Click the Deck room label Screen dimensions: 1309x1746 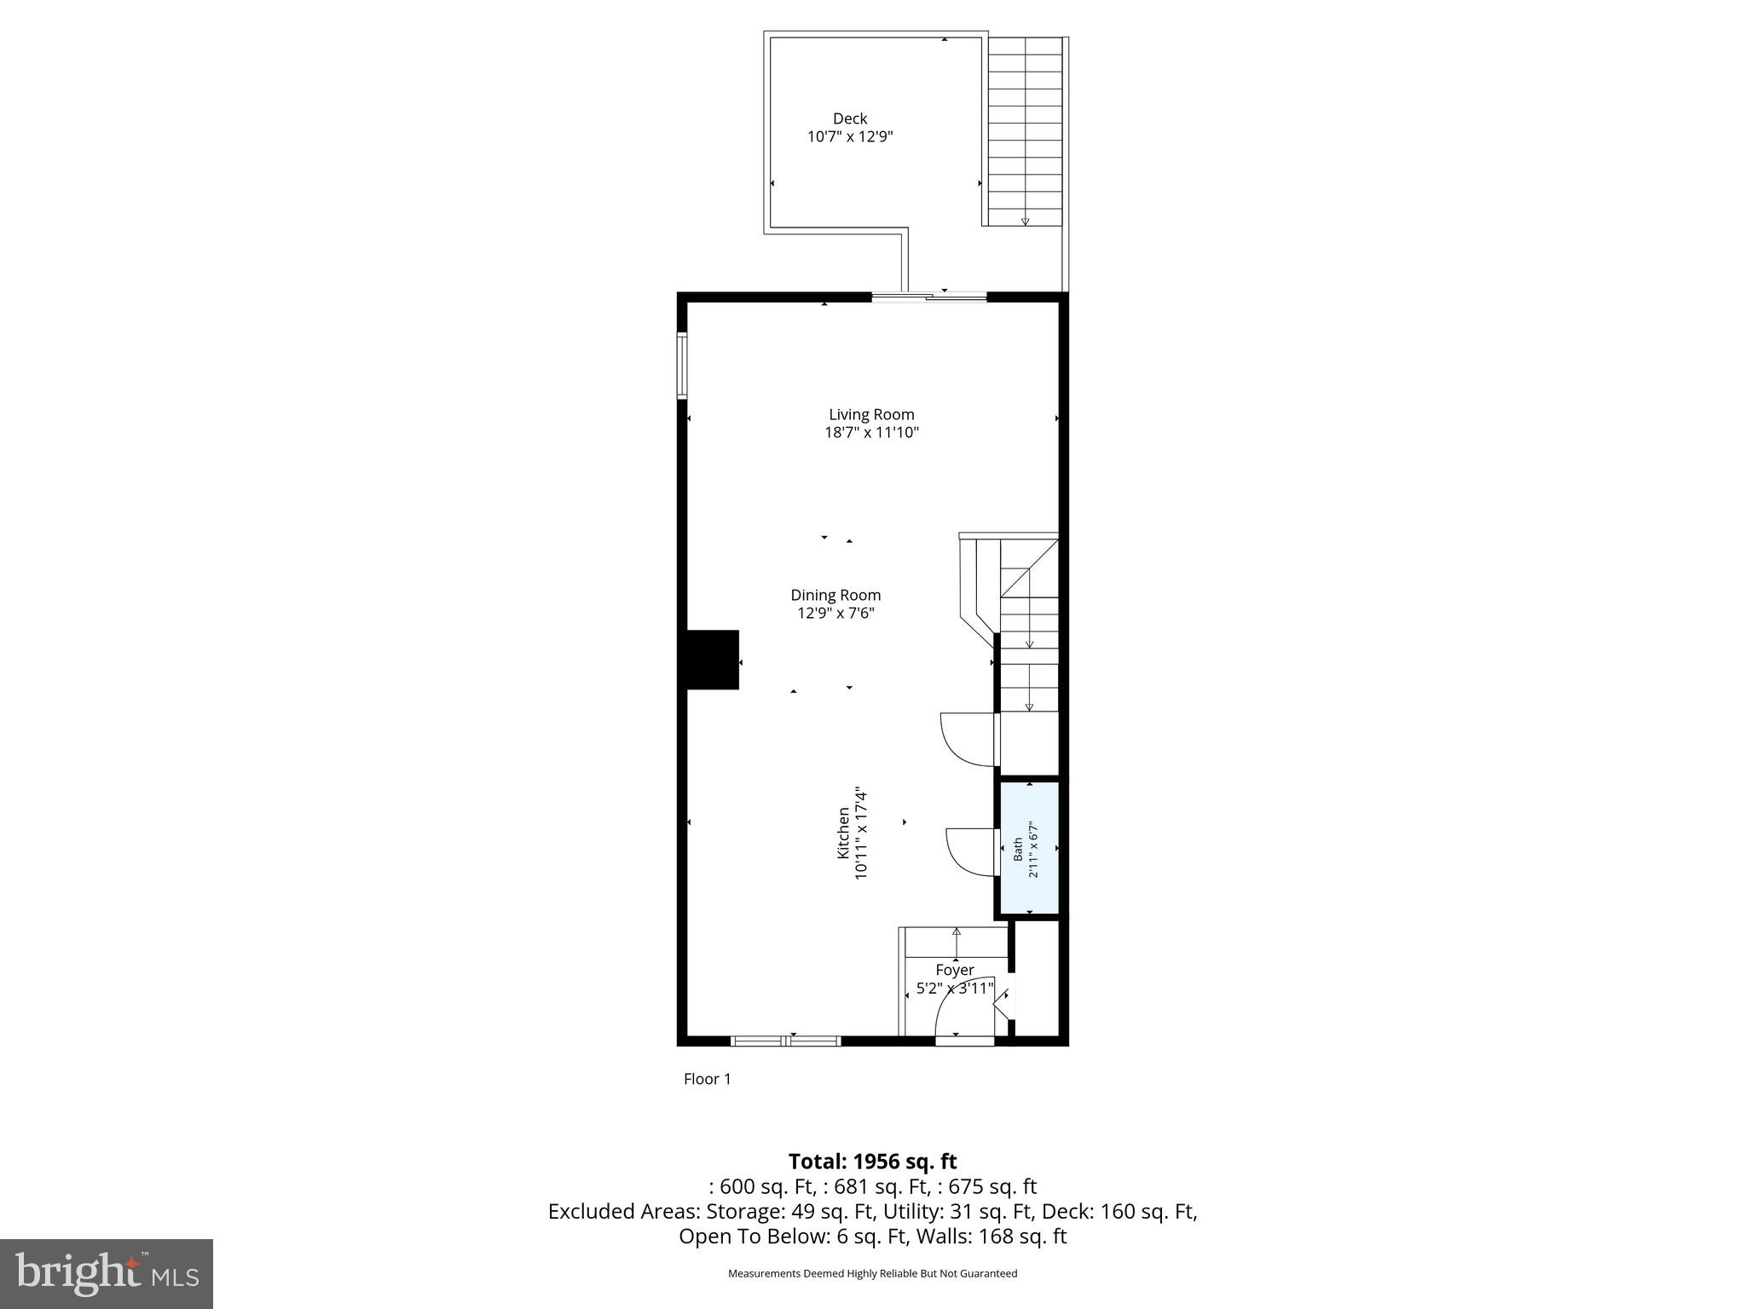850,118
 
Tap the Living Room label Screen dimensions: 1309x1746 871,415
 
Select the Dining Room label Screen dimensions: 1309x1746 835,595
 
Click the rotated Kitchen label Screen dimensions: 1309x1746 843,833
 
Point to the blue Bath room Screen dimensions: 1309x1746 1029,849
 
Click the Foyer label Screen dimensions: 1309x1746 954,970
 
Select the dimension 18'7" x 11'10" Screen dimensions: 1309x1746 871,433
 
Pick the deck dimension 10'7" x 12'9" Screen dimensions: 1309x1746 850,136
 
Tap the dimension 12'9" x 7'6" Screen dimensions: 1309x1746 835,613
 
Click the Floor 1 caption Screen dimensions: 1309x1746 707,1079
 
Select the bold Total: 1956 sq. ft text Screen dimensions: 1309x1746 872,1162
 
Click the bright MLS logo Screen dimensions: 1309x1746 106,1273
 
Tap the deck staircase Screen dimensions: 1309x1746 1025,132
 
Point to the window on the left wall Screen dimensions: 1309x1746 682,366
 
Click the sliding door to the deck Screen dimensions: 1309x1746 928,297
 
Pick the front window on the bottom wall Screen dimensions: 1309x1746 785,1041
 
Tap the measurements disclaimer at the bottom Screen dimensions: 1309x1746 872,1273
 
